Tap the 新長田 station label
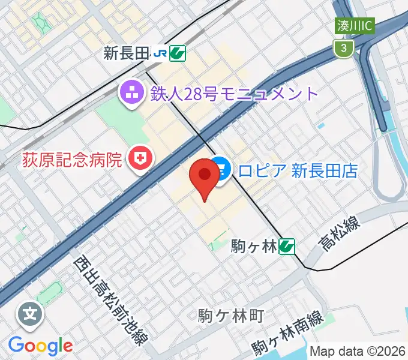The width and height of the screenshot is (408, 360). (125, 54)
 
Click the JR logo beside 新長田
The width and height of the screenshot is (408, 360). (160, 54)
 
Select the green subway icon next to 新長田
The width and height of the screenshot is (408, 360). (177, 54)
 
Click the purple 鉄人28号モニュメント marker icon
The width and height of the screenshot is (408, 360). (130, 93)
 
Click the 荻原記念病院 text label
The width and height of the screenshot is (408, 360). (72, 160)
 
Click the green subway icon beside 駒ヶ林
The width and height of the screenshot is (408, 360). (287, 245)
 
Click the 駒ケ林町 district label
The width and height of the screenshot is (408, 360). (230, 315)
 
